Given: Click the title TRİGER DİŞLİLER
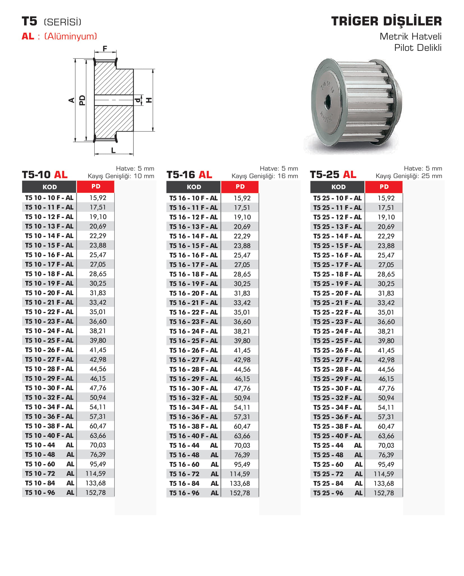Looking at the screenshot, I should (x=386, y=21).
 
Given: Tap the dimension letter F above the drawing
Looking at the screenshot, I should (x=105, y=49).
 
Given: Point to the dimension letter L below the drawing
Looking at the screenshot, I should (x=113, y=150).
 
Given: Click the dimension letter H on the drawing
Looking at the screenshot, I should (x=149, y=100).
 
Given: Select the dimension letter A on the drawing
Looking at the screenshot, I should (x=72, y=100).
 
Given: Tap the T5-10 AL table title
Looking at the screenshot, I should (x=45, y=175).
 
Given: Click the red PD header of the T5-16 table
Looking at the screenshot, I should (x=240, y=187).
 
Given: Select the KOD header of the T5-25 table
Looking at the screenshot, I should (x=338, y=187).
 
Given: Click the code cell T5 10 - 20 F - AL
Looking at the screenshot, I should (x=49, y=293).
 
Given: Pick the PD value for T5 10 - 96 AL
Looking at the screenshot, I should (x=96, y=493).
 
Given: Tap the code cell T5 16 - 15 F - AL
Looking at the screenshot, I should (x=193, y=246).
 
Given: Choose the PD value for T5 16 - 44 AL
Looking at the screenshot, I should (x=242, y=445).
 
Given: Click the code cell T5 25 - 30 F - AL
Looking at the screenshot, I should (x=337, y=388).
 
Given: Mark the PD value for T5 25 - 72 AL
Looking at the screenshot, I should (x=384, y=474).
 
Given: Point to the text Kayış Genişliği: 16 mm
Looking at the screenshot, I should (x=265, y=176).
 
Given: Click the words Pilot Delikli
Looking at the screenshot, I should (x=418, y=48).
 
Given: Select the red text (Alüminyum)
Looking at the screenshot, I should (x=71, y=36).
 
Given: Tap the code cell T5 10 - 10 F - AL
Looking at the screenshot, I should (x=49, y=198).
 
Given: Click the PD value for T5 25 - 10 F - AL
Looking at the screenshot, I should (x=386, y=198).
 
